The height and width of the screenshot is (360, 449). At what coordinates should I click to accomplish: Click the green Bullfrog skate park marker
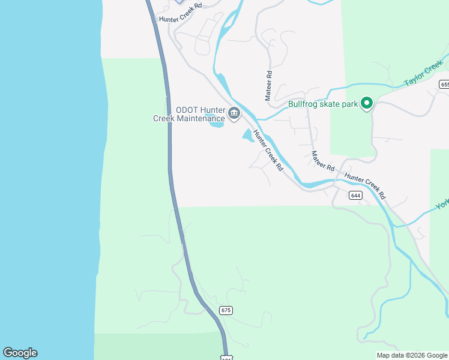pos(367,104)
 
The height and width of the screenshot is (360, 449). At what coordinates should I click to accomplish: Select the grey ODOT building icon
pos(234,112)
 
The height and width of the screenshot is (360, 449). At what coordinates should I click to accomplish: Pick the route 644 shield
pos(355,195)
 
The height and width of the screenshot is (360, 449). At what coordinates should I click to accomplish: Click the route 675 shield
pos(225,310)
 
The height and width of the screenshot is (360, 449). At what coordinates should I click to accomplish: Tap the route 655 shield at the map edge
pos(444,85)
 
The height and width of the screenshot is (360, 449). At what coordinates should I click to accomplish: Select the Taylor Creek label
pos(423,76)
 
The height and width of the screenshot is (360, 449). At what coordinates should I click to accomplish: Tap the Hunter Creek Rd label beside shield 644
pos(365,187)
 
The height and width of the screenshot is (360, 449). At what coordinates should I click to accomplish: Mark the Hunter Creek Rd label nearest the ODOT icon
pos(268,150)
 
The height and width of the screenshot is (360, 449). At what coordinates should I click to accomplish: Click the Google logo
pos(20,353)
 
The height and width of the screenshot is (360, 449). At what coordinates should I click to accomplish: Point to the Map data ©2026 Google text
pos(412,355)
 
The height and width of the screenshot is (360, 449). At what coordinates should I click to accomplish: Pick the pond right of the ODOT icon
pos(249,136)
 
